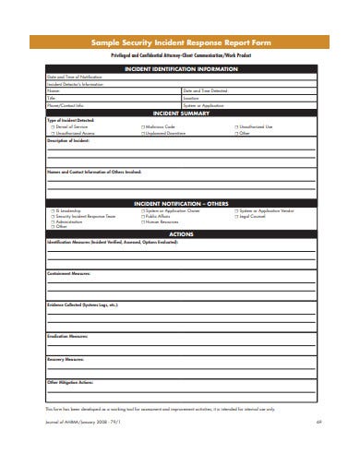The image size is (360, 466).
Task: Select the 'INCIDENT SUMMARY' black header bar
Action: (x=180, y=113)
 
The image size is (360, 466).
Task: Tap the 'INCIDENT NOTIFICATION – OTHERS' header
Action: (x=180, y=203)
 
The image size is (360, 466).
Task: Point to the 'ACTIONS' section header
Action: (x=180, y=234)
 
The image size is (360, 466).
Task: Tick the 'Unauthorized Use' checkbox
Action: (x=236, y=125)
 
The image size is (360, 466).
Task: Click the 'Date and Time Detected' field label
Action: (x=205, y=90)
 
